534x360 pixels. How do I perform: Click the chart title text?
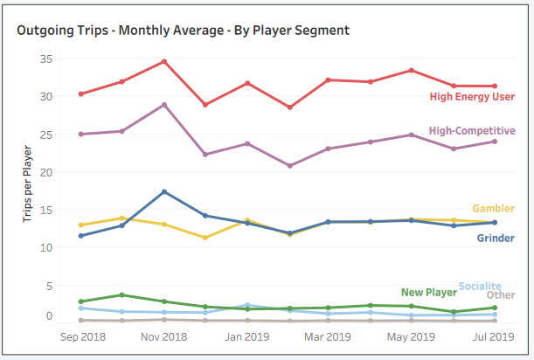point(183,31)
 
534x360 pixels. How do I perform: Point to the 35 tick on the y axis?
point(46,59)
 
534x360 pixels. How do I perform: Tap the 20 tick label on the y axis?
point(46,172)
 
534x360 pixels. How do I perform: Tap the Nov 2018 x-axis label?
point(164,336)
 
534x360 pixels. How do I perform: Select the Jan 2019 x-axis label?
point(248,336)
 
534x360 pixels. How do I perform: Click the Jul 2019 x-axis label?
point(494,336)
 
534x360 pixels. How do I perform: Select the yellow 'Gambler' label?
point(493,209)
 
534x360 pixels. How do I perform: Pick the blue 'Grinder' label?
point(496,238)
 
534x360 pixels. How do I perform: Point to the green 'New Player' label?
point(429,293)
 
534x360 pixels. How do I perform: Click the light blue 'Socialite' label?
point(481,286)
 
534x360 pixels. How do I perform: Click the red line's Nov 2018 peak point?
point(163,61)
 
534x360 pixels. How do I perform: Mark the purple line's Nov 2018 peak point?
point(163,105)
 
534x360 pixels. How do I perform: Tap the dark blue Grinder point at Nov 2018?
point(163,191)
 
